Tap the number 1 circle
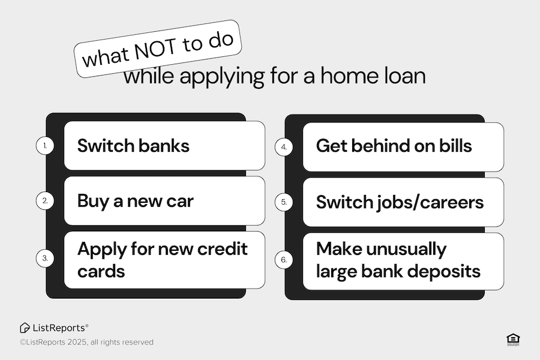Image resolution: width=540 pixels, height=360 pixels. pos(45,146)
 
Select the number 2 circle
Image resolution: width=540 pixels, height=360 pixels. pos(45,201)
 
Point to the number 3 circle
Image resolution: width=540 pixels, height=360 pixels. pos(45,259)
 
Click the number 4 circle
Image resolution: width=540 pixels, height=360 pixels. pos(284,147)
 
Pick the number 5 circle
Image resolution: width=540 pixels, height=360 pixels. pos(284,202)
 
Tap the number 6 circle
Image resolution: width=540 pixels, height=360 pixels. pos(284,260)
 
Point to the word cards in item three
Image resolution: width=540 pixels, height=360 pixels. pos(101,271)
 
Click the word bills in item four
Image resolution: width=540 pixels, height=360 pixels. pos(455,146)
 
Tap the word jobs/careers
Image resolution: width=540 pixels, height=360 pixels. pos(430,203)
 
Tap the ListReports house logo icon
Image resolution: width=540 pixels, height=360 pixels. pos(25,328)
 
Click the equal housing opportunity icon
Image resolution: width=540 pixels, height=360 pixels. pos(513,340)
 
